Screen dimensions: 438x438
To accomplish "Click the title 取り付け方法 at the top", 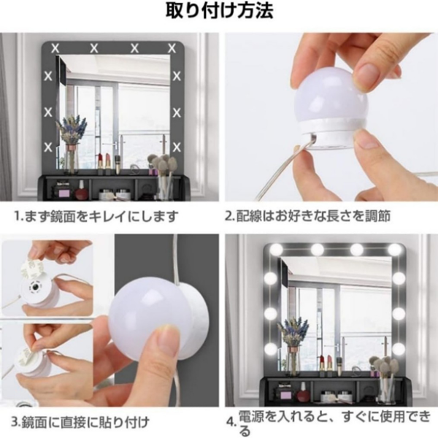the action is [219, 12].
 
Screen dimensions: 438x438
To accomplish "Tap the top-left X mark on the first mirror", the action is [55, 49].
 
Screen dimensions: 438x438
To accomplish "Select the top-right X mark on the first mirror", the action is [172, 49].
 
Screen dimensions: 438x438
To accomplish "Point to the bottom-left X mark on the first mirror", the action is [48, 147].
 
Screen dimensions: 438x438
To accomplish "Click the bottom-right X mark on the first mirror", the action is [177, 147].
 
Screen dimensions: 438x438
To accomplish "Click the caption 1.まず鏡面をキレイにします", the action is [96, 216].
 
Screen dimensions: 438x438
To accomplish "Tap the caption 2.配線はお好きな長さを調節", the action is [307, 216].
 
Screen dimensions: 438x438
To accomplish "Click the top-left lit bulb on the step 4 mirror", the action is [276, 248].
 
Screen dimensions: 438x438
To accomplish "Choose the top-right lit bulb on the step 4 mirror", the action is [394, 249].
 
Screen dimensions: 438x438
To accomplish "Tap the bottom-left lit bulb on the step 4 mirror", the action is [270, 348].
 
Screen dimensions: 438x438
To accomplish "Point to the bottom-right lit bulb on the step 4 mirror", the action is [399, 349].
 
